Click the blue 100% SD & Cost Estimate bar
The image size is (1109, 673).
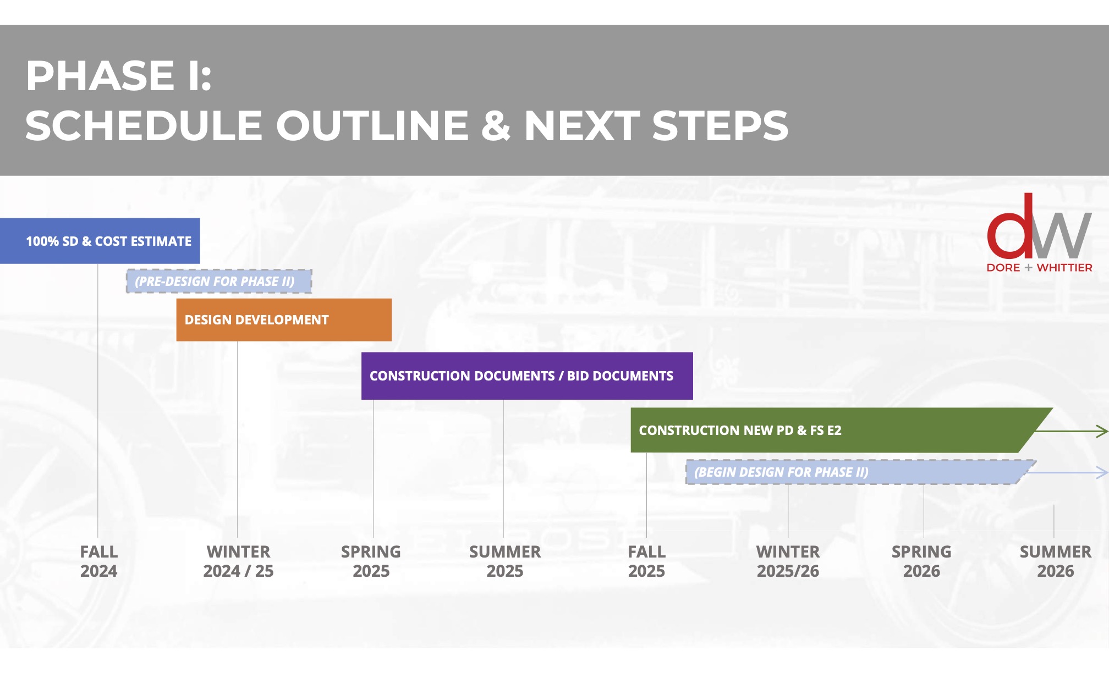click(x=100, y=241)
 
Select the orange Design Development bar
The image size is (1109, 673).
click(x=284, y=320)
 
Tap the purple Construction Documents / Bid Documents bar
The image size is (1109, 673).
click(x=526, y=376)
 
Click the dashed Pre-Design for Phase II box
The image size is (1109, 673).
click(x=219, y=282)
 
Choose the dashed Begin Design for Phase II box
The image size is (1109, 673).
click(x=853, y=472)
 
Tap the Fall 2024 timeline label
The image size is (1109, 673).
click(x=99, y=561)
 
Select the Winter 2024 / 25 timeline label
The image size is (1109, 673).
click(x=238, y=561)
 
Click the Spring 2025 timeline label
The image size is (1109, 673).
click(x=371, y=561)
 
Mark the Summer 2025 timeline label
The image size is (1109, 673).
click(x=505, y=561)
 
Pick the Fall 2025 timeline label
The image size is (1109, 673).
click(x=647, y=561)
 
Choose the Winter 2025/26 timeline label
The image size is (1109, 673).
click(x=788, y=561)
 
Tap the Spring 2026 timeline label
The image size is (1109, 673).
click(x=922, y=561)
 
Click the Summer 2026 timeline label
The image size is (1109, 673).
click(x=1056, y=561)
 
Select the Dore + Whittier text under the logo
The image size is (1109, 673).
click(x=1040, y=268)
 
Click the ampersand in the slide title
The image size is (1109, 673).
click(x=496, y=125)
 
